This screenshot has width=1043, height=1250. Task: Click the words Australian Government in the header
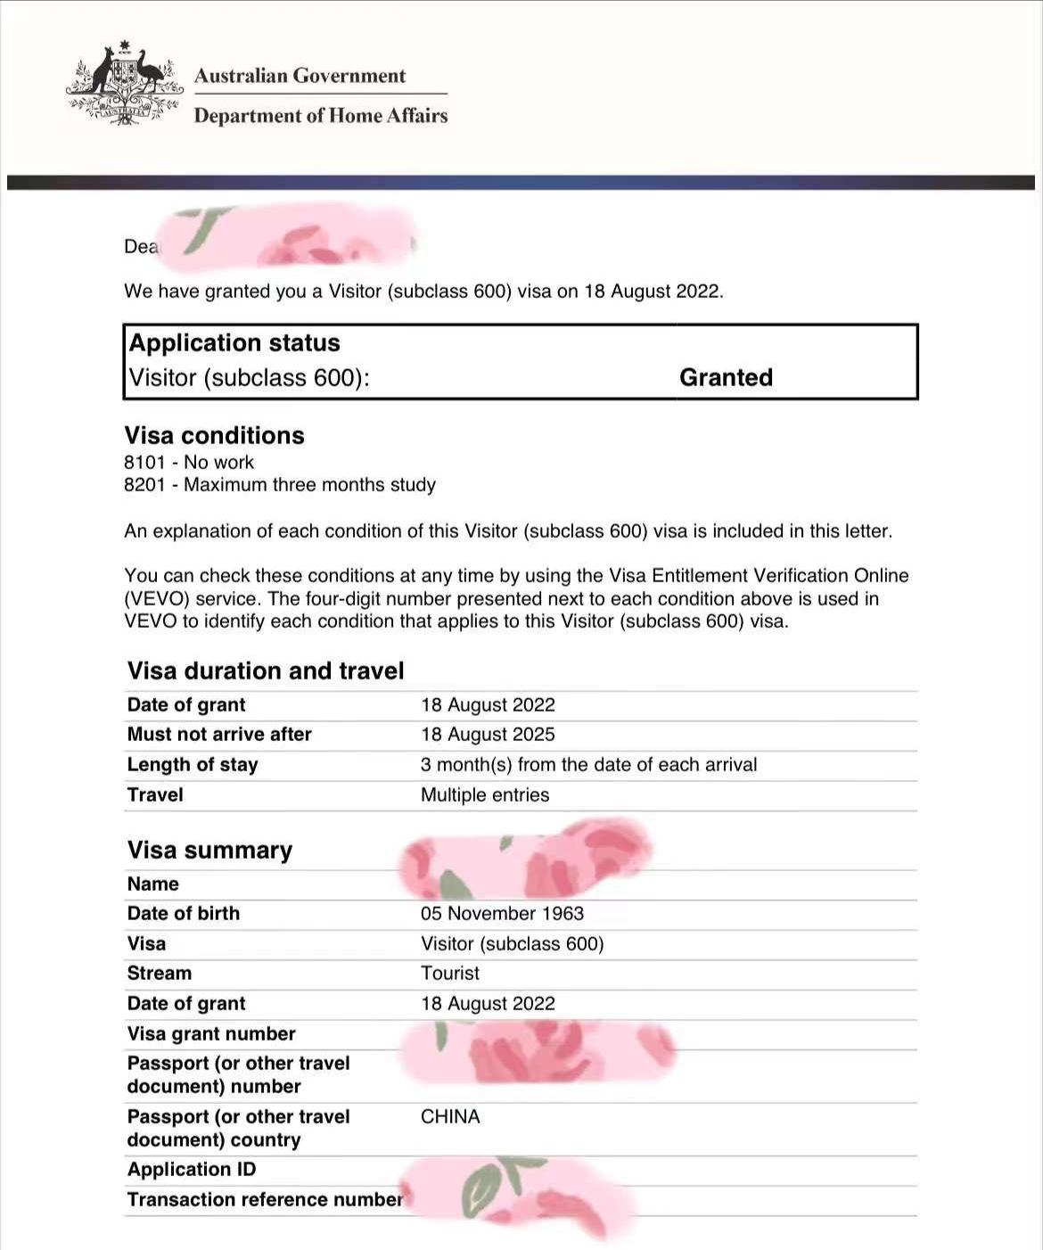[300, 76]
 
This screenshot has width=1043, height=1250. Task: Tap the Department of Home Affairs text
[320, 116]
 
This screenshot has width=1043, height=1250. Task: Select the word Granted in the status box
[726, 378]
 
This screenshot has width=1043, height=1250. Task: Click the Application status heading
[234, 343]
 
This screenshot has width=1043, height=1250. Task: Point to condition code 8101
[144, 463]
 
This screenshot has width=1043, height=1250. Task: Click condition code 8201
[144, 485]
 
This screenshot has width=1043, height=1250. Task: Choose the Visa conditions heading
[214, 436]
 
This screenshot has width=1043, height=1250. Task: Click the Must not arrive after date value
[488, 735]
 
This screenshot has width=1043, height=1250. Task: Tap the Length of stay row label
[193, 765]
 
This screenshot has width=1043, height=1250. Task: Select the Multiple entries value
[485, 795]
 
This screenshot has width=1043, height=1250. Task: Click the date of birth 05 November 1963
[502, 914]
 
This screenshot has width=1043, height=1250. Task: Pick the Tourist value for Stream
[450, 974]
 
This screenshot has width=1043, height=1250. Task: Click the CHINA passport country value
[450, 1117]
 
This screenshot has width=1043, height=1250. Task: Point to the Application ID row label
[192, 1170]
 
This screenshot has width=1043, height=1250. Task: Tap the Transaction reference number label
[265, 1200]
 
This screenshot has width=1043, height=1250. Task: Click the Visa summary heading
[209, 851]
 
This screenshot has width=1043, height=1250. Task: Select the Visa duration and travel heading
[266, 671]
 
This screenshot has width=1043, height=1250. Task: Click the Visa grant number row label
[211, 1034]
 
